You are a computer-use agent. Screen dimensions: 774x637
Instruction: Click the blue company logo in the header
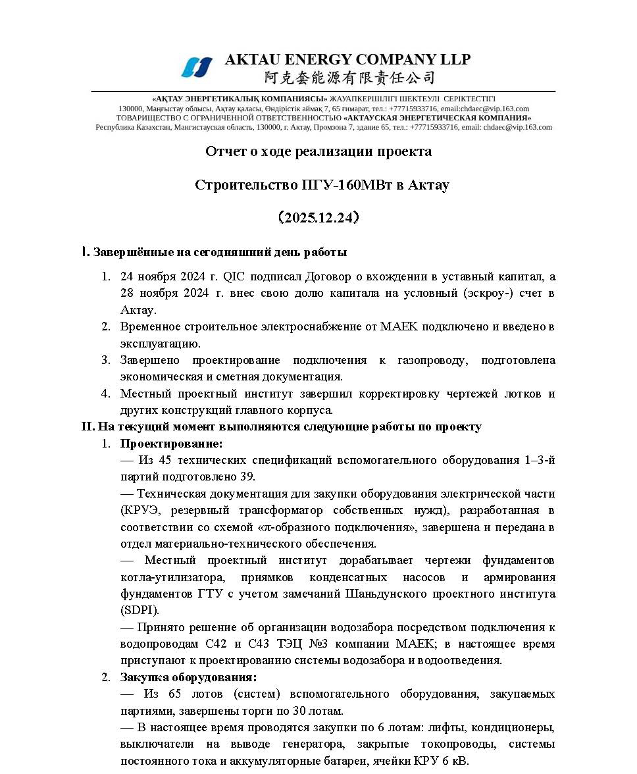197,66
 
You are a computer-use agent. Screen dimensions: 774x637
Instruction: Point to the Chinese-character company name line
349,78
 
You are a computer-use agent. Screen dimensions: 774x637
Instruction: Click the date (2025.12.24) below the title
318,218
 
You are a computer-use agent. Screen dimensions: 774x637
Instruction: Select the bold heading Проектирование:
171,444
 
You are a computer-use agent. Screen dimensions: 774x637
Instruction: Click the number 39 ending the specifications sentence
246,477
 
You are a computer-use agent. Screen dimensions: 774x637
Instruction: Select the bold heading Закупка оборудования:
188,677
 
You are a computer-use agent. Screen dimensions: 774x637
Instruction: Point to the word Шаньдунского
388,594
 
